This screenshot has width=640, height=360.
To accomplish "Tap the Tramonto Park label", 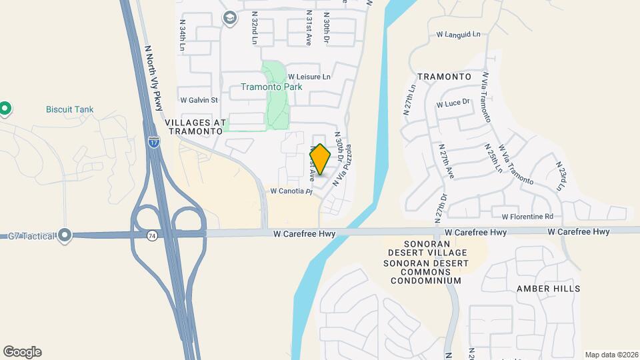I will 271,87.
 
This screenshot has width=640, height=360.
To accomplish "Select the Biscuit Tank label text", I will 69,109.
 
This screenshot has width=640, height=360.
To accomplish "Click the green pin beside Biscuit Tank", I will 5,107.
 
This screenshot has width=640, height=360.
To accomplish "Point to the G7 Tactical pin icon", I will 65,235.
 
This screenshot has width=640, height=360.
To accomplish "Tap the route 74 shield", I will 152,235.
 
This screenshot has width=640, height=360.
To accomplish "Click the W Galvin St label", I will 199,100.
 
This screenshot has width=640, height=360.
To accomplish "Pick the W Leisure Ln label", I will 309,77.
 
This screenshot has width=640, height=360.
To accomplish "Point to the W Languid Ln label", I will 458,33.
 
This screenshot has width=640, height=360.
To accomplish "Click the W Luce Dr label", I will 453,103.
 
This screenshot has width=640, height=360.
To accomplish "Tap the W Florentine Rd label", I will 527,216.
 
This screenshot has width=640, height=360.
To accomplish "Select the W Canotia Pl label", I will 291,191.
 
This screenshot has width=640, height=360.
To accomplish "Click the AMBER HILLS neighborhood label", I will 549,289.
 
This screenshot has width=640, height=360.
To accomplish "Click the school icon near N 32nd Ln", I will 230,18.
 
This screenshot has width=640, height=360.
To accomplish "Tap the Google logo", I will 22,352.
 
